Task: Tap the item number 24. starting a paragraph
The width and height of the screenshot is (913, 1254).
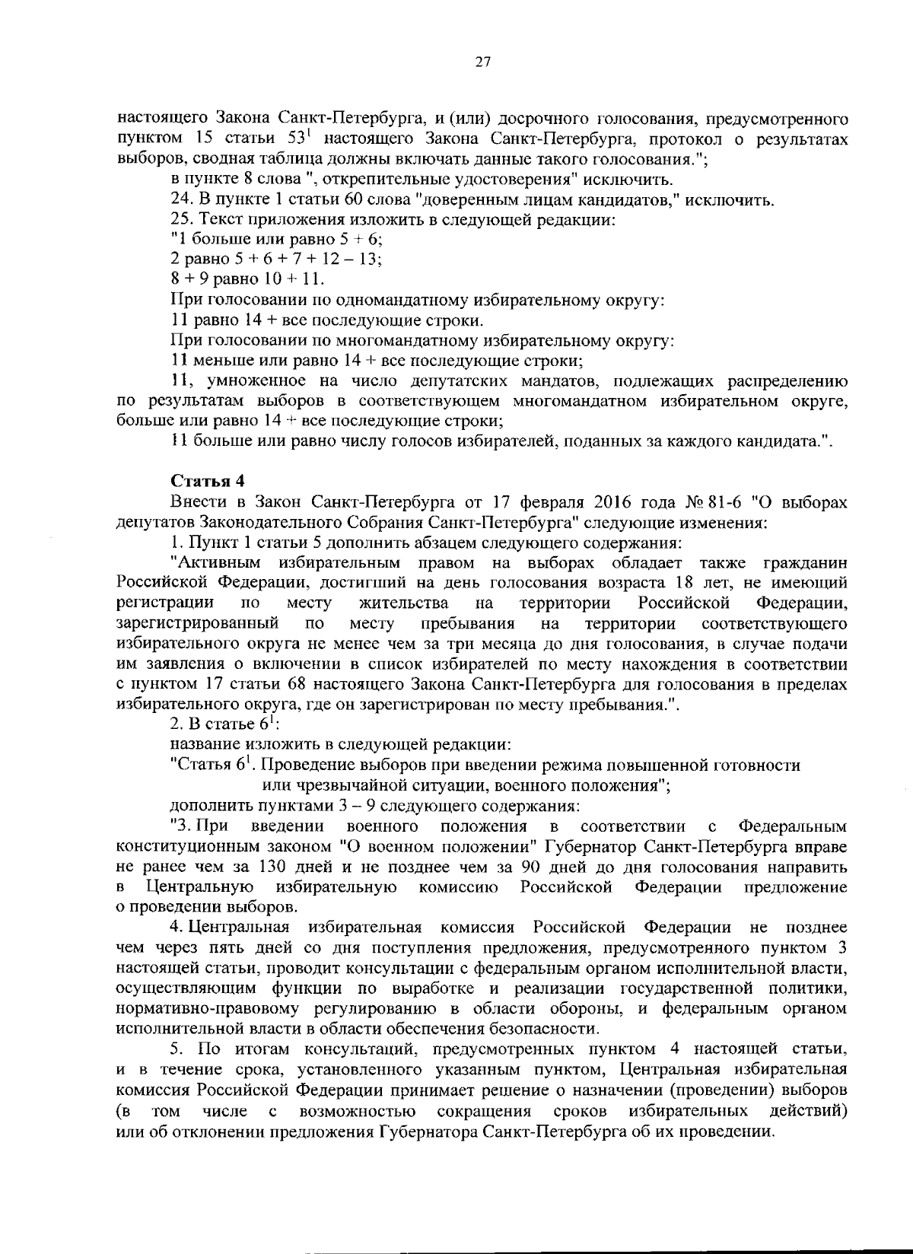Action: coord(182,201)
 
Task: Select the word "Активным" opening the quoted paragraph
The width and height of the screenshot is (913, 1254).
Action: coord(217,563)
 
